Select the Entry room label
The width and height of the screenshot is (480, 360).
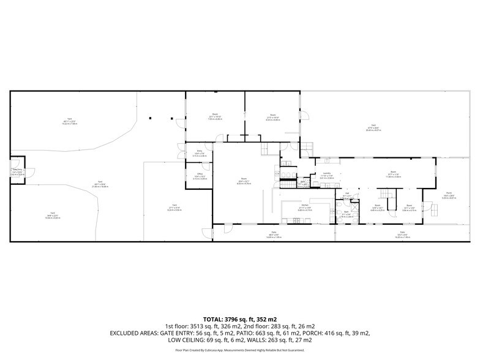tap(200, 151)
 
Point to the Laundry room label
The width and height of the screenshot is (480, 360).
tap(326, 174)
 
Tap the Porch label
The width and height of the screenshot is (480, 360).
tap(449, 194)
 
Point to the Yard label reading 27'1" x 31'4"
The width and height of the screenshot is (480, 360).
tap(174, 206)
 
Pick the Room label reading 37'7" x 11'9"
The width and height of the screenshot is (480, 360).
tap(393, 173)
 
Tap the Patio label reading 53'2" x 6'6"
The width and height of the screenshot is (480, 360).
tap(403, 233)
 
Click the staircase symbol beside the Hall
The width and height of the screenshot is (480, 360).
tap(385, 194)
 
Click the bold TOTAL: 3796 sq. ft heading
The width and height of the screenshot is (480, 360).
tap(239, 319)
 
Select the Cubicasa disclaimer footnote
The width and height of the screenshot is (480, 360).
tap(239, 350)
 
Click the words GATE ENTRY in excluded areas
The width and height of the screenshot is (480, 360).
tap(184, 332)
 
